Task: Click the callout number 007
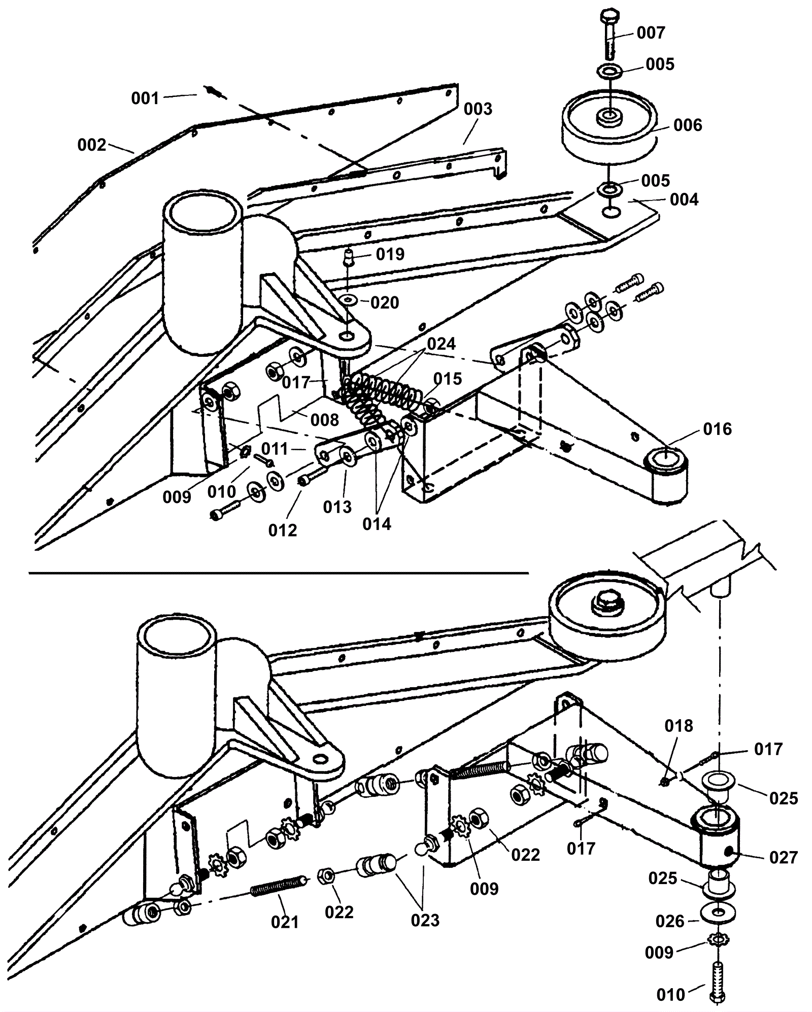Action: tap(651, 33)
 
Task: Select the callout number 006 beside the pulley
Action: tap(688, 125)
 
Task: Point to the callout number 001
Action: tap(146, 98)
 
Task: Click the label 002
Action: tap(92, 145)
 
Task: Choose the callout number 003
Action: tap(478, 109)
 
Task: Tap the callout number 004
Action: tap(684, 199)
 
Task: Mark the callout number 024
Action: tap(441, 344)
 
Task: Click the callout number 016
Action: tap(718, 429)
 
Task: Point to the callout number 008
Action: tap(324, 420)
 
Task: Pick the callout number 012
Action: tap(283, 530)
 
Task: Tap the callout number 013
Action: tap(337, 507)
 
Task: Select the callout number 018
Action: tap(679, 726)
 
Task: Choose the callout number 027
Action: tap(784, 858)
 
